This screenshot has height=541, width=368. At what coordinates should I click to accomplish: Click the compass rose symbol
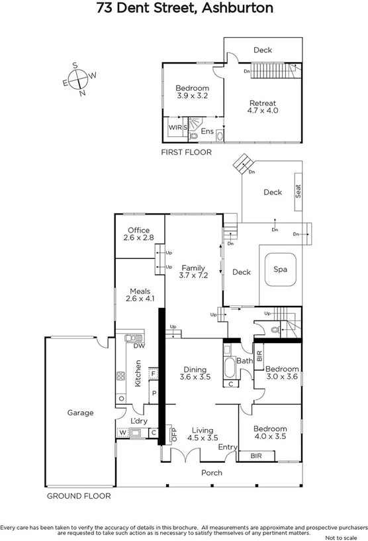[79, 79]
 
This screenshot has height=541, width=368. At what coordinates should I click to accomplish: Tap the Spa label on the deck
[280, 270]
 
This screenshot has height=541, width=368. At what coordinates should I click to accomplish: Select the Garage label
[80, 413]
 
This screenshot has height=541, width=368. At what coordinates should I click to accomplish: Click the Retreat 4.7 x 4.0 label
[262, 107]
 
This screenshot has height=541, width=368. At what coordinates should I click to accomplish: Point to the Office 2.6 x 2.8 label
[139, 234]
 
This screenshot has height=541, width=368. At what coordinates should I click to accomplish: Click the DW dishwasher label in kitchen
[139, 346]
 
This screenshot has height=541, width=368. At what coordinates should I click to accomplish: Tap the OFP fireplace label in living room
[175, 434]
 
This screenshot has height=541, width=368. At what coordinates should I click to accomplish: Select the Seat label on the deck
[299, 192]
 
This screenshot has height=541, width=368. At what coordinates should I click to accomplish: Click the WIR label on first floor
[175, 127]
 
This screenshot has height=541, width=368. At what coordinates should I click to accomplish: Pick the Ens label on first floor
[207, 131]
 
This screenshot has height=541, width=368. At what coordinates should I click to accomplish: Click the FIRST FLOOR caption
[186, 152]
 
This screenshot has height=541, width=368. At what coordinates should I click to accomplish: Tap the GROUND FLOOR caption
[78, 495]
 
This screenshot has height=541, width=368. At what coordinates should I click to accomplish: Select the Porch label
[211, 473]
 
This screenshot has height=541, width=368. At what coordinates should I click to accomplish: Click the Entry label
[228, 448]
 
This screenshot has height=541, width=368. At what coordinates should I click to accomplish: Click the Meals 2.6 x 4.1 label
[140, 295]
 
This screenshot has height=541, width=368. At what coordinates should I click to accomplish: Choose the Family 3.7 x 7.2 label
[193, 271]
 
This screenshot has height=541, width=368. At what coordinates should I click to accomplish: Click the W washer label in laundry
[122, 434]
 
